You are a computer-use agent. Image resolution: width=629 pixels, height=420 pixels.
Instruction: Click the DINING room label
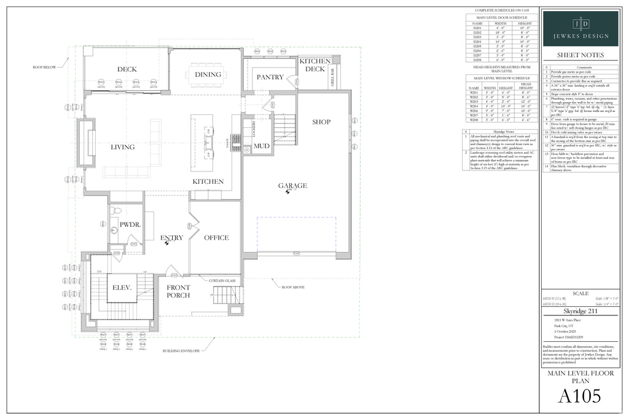tap(208, 74)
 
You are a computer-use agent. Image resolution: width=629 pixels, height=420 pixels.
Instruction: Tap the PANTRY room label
tap(270, 77)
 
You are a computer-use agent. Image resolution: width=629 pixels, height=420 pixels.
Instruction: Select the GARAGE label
tap(292, 186)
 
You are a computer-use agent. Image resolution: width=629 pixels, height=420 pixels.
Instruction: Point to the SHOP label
tap(321, 122)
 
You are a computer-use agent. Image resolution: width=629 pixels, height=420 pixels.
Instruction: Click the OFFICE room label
tap(216, 237)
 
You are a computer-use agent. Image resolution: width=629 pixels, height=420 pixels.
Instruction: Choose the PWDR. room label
tap(130, 225)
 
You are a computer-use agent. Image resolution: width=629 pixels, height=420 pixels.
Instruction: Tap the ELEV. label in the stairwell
tap(123, 288)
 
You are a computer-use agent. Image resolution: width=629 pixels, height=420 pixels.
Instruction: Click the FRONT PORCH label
tap(178, 291)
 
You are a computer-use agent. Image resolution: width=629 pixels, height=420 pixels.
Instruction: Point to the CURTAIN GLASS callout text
tap(222, 280)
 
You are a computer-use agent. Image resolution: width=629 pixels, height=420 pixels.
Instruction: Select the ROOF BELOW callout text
tap(45, 67)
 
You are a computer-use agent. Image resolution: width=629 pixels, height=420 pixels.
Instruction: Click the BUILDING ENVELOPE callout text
tap(181, 352)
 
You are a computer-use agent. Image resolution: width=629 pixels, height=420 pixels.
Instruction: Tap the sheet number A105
tap(579, 397)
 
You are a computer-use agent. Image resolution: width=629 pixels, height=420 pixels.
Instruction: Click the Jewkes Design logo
tap(580, 28)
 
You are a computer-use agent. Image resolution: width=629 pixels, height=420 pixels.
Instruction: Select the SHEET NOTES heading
tap(580, 55)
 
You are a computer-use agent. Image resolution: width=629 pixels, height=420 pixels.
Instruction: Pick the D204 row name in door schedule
tap(477, 41)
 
